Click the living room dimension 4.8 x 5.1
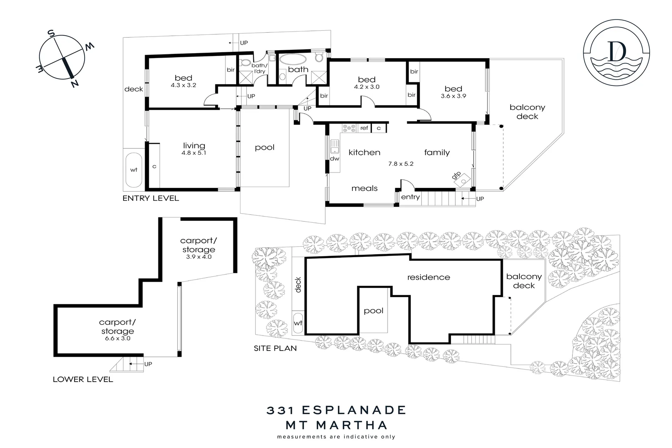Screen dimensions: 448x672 click(x=194, y=153)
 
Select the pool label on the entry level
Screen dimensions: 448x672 click(x=264, y=148)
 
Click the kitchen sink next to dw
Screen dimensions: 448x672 click(x=334, y=146)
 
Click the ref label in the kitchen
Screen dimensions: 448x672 click(x=364, y=128)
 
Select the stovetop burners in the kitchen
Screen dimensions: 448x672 click(x=349, y=128)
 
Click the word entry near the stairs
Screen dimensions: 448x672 click(x=410, y=197)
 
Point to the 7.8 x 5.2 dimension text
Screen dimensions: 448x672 click(x=400, y=164)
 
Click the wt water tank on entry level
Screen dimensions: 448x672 click(x=133, y=170)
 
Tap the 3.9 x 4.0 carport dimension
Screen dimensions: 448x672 click(x=198, y=257)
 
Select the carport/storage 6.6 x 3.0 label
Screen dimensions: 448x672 click(x=117, y=330)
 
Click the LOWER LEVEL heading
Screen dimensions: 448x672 click(x=82, y=379)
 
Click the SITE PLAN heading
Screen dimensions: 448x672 click(x=275, y=348)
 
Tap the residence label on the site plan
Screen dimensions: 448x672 click(x=428, y=277)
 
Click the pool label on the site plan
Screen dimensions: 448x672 click(x=373, y=311)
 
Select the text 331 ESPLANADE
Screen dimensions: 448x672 click(x=336, y=410)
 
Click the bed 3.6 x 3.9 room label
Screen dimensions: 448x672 click(x=453, y=92)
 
